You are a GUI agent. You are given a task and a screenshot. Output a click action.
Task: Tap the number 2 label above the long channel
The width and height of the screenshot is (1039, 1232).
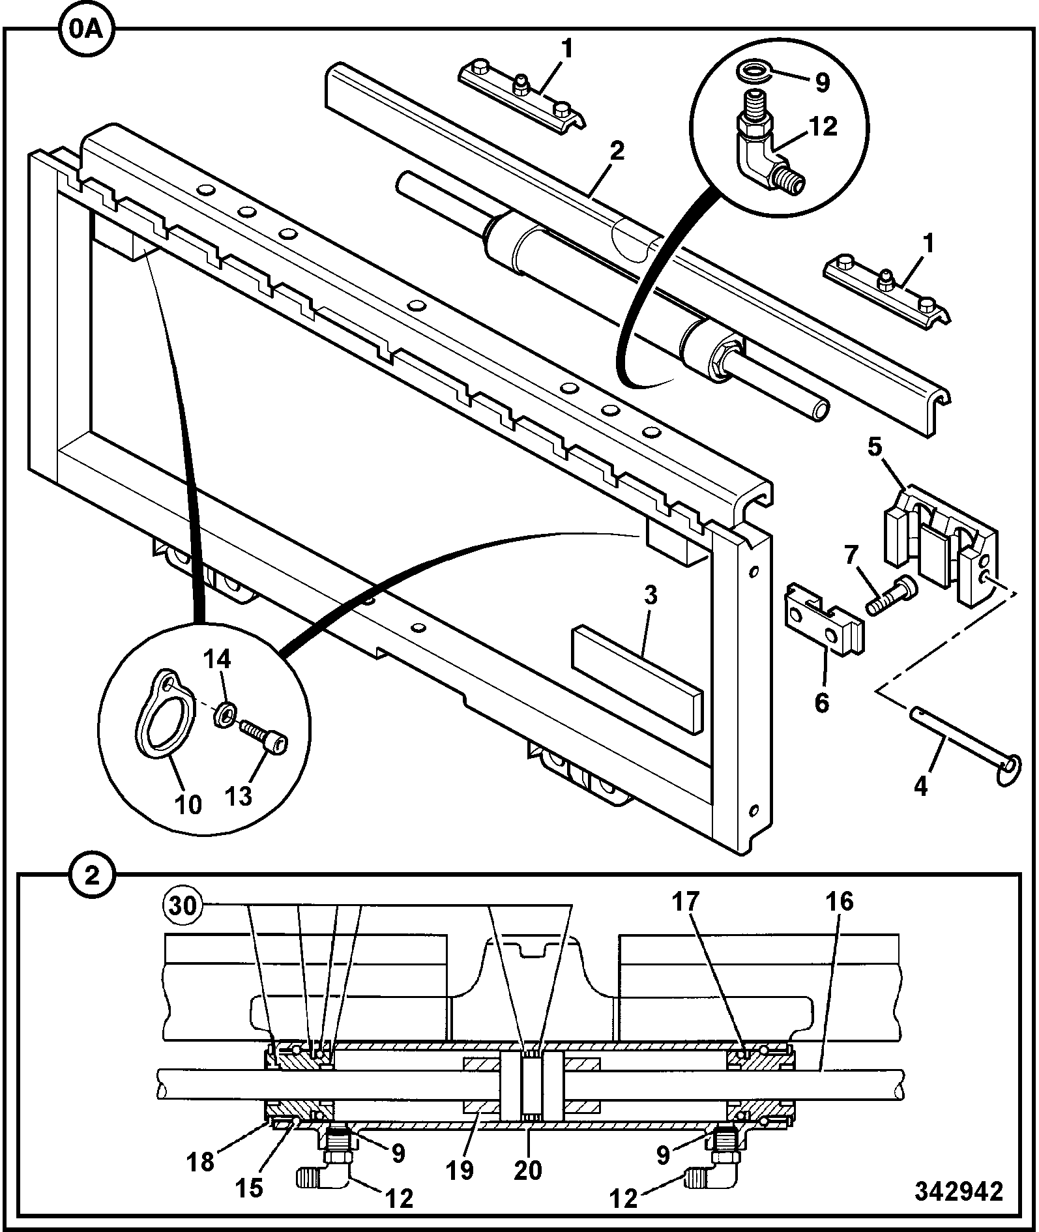click(615, 151)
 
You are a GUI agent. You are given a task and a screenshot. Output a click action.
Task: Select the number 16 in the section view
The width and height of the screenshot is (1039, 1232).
click(840, 902)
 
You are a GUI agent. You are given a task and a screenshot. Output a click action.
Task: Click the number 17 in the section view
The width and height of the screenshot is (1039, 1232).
click(686, 902)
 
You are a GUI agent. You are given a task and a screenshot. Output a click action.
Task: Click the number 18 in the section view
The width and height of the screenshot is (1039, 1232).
click(201, 1162)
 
